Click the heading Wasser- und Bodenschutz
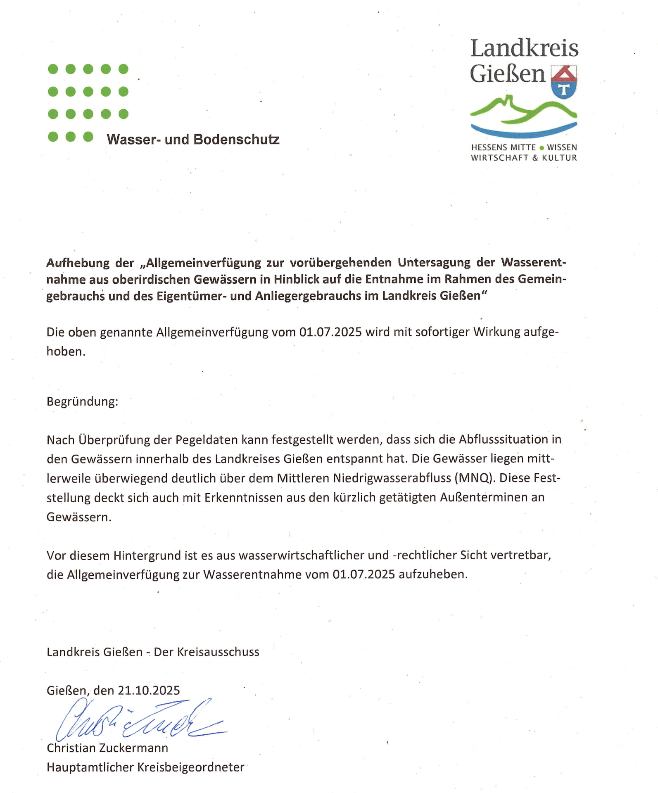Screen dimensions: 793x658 [x=193, y=140]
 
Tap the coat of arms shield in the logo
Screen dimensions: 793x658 [x=564, y=82]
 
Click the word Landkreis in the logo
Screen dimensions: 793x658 [x=524, y=49]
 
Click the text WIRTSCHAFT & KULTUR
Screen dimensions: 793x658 [x=524, y=158]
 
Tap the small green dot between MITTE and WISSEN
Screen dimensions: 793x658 [x=542, y=147]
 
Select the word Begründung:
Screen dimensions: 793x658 [x=82, y=401]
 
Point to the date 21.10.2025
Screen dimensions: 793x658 [x=149, y=691]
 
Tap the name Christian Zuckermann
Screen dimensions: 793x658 [x=107, y=748]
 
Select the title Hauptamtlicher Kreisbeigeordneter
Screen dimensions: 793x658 [x=145, y=767]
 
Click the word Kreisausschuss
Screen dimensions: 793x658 [x=218, y=652]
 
